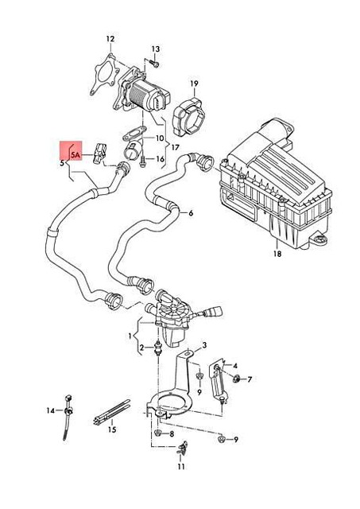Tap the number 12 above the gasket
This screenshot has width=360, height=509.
click(110, 38)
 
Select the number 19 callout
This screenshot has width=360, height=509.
click(193, 83)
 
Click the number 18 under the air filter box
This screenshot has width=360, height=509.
click(277, 254)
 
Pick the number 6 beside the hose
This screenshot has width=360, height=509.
click(191, 213)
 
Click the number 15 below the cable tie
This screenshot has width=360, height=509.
click(112, 429)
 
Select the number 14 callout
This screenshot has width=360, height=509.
click(50, 410)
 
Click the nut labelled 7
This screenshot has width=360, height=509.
click(237, 378)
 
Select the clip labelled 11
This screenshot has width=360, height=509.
click(183, 451)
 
